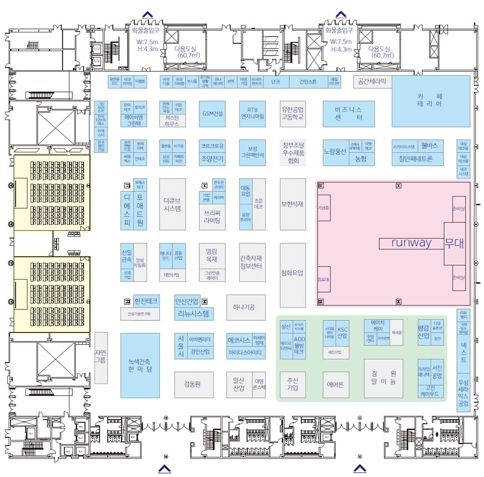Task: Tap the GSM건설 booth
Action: (212, 114)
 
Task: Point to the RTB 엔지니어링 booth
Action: (252, 113)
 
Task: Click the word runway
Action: (411, 242)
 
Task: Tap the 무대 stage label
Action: (455, 243)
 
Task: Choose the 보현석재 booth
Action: (292, 204)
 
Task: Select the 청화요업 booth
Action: (292, 273)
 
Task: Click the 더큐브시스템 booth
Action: (172, 204)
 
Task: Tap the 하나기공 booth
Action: (246, 307)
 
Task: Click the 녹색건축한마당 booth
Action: (140, 365)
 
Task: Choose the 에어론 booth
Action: (335, 385)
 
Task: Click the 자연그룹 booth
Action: (101, 356)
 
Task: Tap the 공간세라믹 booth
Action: (372, 81)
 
